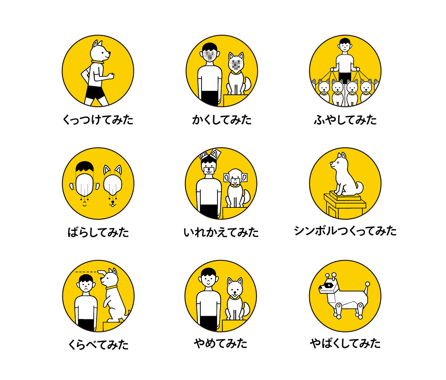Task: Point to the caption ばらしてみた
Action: (x=98, y=232)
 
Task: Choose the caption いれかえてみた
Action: (x=221, y=232)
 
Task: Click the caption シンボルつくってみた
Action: (x=345, y=231)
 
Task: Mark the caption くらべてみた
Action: (x=98, y=345)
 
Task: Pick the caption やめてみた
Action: (x=221, y=344)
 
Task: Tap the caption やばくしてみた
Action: (x=345, y=344)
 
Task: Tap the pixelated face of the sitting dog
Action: (x=236, y=65)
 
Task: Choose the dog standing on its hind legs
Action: (x=114, y=295)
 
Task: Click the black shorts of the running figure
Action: (x=95, y=92)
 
